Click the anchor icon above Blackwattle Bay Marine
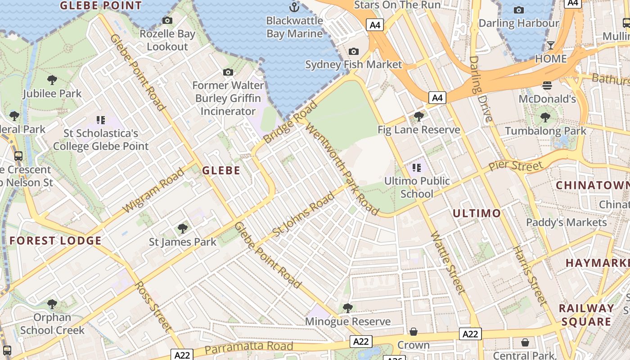pos(294,7)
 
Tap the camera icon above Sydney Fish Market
pos(354,52)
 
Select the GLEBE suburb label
pos(221,171)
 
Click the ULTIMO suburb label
pos(477,213)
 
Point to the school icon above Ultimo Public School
pos(417,168)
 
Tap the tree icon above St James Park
pos(182,229)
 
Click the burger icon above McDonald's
pos(547,85)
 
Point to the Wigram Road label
pos(153,190)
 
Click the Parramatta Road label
pos(249,347)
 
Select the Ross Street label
pos(153,308)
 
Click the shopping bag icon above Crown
pos(414,332)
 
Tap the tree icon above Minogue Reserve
pos(347,308)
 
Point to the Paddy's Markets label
pos(566,222)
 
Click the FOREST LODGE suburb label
pos(56,241)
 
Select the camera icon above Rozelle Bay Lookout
pos(167,21)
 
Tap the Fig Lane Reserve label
pos(418,130)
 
